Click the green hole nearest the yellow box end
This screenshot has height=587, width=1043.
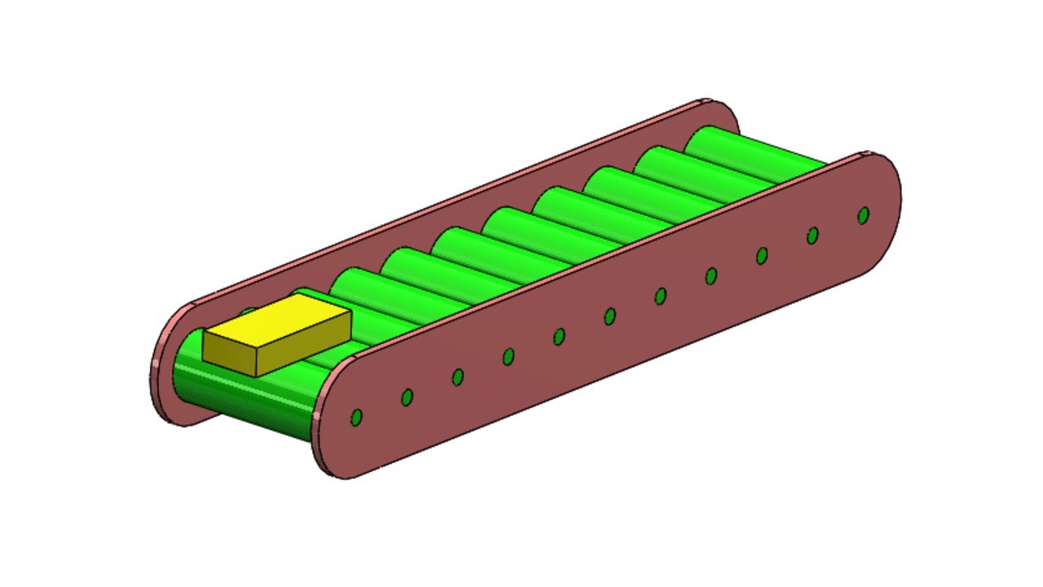356,417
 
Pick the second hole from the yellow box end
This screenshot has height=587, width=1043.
407,397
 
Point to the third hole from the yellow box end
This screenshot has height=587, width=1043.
458,377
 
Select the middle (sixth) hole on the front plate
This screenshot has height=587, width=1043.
610,316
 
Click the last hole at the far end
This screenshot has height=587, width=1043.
864,215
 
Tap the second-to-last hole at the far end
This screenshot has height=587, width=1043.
812,236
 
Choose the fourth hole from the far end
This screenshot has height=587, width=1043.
711,276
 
